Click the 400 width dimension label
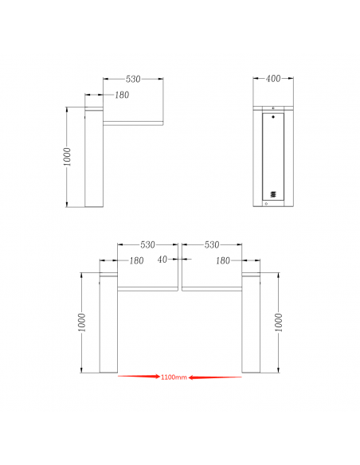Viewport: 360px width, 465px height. click(273, 79)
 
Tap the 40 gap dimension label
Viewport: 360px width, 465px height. click(162, 260)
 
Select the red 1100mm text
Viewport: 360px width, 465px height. click(174, 377)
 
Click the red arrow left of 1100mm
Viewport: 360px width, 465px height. click(139, 377)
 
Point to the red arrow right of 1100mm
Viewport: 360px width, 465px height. click(215, 377)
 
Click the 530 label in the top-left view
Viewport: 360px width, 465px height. click(133, 79)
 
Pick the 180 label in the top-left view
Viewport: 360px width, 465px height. click(122, 95)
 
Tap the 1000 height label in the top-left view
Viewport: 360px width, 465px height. click(68, 157)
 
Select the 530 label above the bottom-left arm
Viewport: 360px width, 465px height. click(147, 245)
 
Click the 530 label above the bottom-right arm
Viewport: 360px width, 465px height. click(212, 245)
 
